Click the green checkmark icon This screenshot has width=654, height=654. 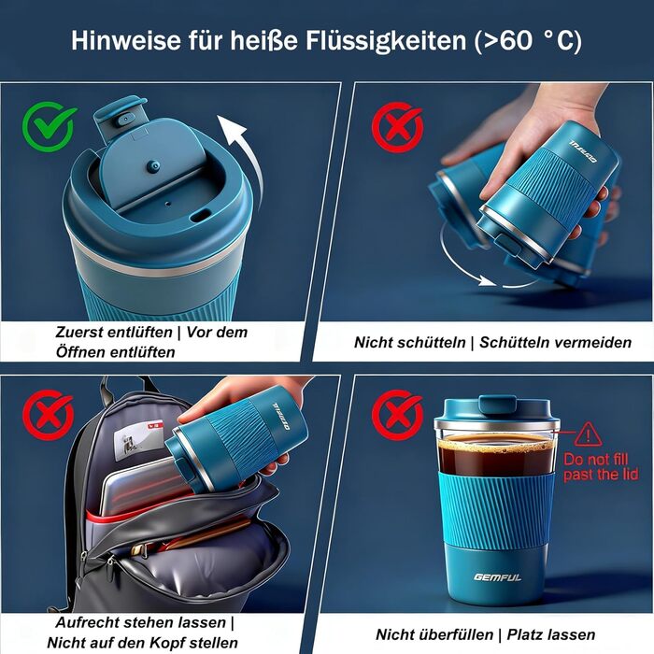pos(50,126)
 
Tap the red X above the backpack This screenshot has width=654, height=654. pos(49,415)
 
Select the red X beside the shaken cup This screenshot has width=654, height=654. pos(397,127)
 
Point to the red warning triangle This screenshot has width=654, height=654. pos(588,434)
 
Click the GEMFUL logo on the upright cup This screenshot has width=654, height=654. pos(497,577)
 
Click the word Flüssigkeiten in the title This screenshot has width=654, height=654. pos(386,41)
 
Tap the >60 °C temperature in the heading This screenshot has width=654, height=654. pos(528,41)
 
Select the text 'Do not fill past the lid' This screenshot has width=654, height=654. pos(601,467)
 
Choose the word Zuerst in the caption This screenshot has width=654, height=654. pos(79,333)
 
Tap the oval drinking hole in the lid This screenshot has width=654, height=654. pos(200,216)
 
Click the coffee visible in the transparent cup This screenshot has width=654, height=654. pos(496,455)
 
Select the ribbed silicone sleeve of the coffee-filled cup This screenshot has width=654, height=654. pos(497,510)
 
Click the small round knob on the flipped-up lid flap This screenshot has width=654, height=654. pos(152,166)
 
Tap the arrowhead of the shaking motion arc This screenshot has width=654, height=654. pos(486,280)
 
